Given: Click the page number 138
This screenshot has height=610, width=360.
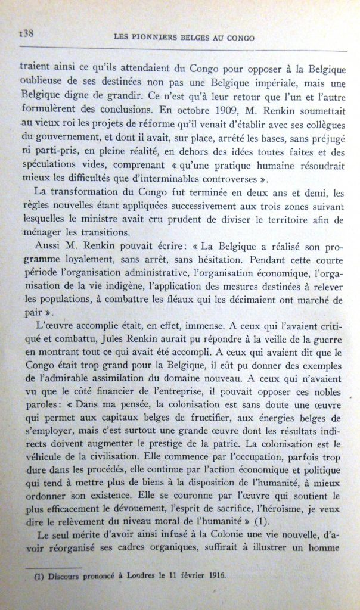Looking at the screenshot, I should (26, 33).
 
